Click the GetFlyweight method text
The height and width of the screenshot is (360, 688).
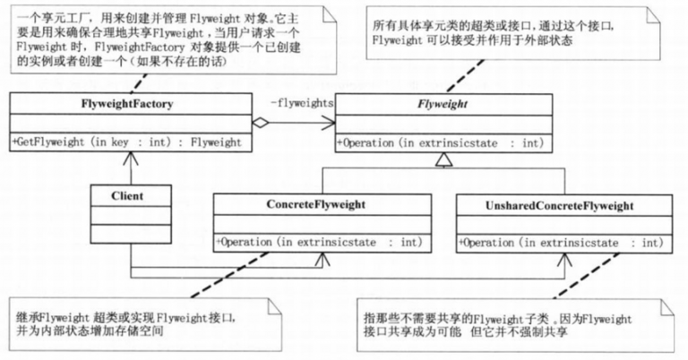(126, 141)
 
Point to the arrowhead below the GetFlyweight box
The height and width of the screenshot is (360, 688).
(129, 158)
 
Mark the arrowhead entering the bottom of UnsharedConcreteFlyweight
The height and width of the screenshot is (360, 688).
(563, 260)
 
